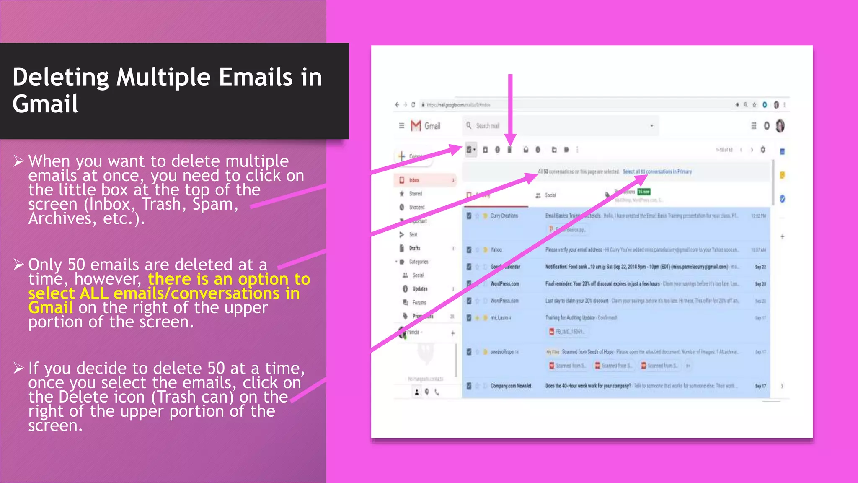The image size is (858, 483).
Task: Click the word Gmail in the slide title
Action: click(45, 104)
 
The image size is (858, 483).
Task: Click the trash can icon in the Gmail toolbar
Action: click(510, 150)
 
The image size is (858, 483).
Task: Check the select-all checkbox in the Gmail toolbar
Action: click(469, 150)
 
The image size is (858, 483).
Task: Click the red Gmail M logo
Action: click(416, 126)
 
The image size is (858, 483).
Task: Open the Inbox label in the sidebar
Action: click(414, 180)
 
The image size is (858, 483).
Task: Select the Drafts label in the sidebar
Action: click(414, 248)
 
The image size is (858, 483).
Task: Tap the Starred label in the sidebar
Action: click(415, 194)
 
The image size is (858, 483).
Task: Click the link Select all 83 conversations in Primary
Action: click(657, 171)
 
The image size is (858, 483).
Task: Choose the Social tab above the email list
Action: click(550, 195)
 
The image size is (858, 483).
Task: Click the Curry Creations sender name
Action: click(504, 216)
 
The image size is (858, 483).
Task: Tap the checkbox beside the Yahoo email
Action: click(469, 250)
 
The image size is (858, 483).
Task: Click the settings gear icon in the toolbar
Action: click(763, 150)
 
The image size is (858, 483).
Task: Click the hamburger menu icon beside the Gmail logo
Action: click(401, 126)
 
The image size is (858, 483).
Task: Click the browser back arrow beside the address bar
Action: click(397, 105)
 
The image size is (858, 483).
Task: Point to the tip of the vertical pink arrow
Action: click(510, 144)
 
